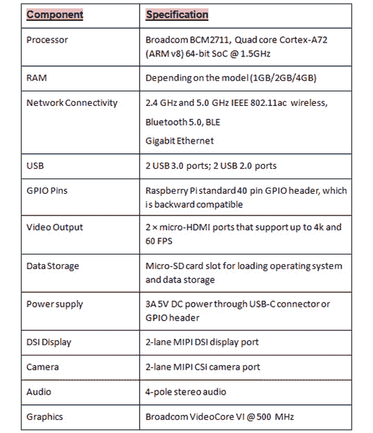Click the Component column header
point(54,15)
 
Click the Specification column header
point(177,15)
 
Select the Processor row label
point(47,40)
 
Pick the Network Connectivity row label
point(72,102)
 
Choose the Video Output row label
point(54,227)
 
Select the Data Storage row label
point(53,266)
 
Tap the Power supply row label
point(54,304)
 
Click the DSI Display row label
point(49,342)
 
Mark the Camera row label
point(43,367)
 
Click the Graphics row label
point(45,416)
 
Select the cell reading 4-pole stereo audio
point(185,391)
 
